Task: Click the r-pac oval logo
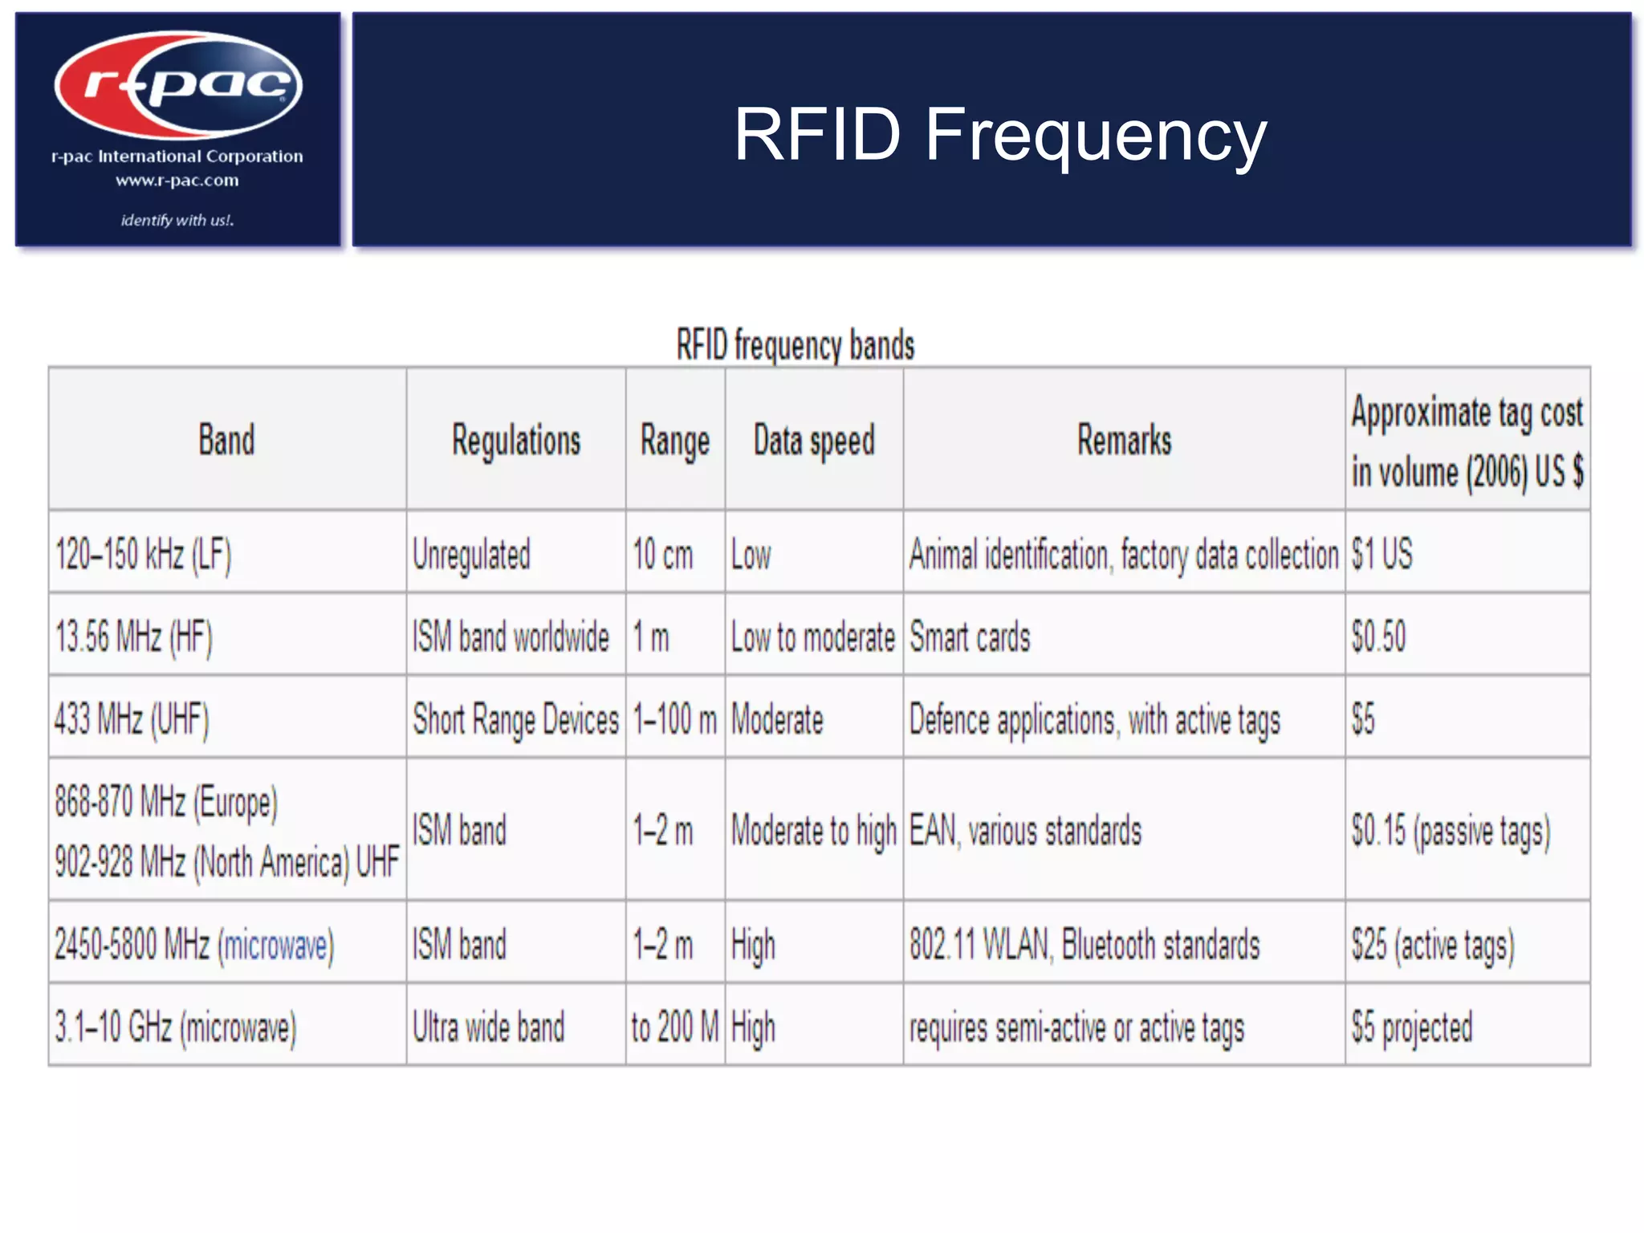coord(178,85)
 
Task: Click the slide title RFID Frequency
coord(999,135)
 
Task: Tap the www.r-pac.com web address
coord(177,181)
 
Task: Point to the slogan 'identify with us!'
coord(177,220)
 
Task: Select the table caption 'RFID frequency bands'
coord(795,345)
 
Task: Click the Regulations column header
coord(515,441)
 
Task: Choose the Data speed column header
coord(813,441)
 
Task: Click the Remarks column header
coord(1124,441)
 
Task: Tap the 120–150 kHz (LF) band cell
coord(143,555)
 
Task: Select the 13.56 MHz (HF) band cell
coord(134,637)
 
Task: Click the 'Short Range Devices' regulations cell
coord(515,719)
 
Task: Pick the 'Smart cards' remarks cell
coord(970,637)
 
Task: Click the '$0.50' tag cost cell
coord(1378,637)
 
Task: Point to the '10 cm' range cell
coord(662,555)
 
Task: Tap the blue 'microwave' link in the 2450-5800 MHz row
coord(275,945)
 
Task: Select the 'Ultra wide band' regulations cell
coord(488,1027)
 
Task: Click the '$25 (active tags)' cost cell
coord(1433,945)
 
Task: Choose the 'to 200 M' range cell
coord(675,1027)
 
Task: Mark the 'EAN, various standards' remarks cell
coord(1025,831)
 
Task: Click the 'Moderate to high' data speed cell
coord(813,831)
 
